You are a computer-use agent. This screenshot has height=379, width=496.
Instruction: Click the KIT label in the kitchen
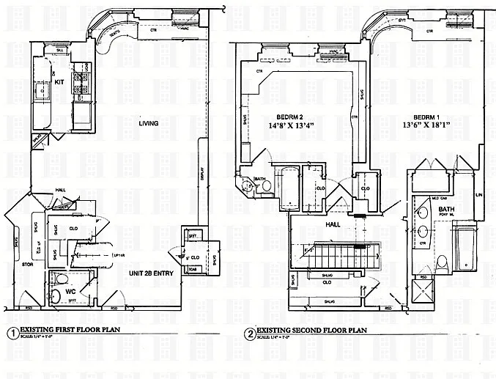[60, 83]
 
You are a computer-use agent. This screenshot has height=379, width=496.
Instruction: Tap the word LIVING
[150, 123]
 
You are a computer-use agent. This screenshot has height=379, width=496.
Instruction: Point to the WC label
[72, 290]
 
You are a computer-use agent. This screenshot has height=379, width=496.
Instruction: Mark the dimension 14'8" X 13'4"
[290, 126]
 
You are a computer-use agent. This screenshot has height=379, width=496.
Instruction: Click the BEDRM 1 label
[426, 117]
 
